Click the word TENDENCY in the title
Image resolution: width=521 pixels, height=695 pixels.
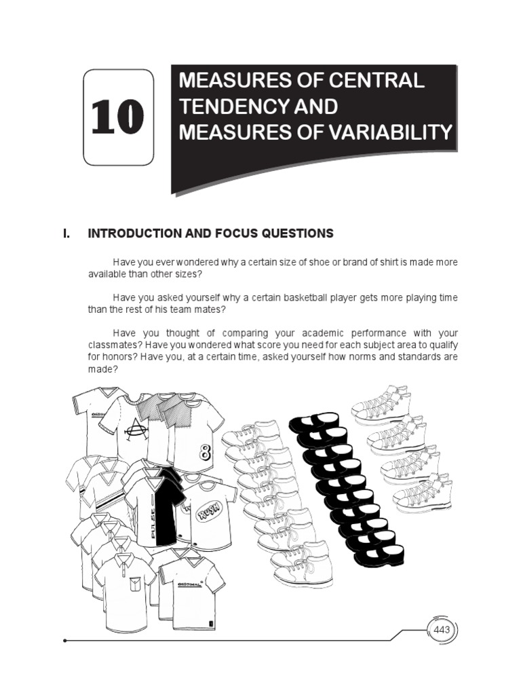(x=225, y=107)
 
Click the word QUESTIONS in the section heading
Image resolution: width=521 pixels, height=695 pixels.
(x=296, y=233)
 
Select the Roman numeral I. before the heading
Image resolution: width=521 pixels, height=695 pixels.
(x=66, y=233)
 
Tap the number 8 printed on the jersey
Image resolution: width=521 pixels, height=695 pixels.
(x=206, y=452)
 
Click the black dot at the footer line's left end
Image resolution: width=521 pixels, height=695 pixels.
(x=64, y=640)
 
